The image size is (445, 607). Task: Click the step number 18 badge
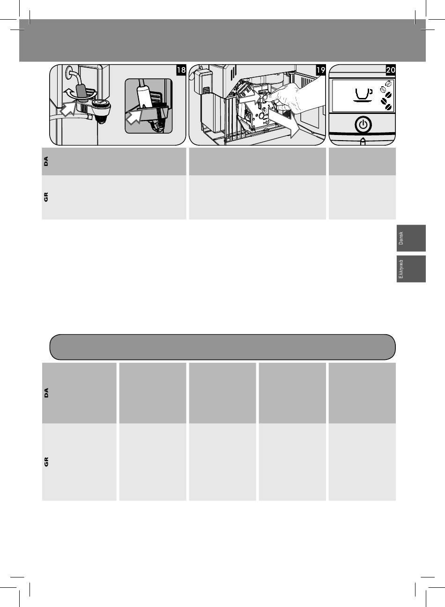coord(181,70)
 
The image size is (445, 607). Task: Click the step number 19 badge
coord(321,70)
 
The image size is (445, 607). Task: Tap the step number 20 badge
coord(391,70)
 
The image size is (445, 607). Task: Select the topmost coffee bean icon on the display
coord(388,83)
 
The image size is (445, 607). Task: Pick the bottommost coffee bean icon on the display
coord(388,107)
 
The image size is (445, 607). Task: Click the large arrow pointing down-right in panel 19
coord(284,122)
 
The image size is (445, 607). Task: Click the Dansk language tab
coord(411,238)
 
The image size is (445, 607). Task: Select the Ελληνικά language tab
coord(411,269)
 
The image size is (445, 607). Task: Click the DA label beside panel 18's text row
coord(46,161)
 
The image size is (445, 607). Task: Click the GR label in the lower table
coord(46,462)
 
